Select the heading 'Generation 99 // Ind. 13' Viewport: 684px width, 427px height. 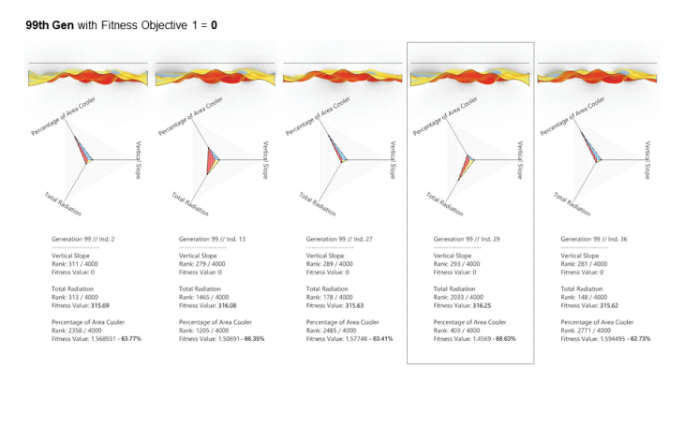pos(213,240)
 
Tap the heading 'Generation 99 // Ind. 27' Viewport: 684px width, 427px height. pos(340,240)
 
